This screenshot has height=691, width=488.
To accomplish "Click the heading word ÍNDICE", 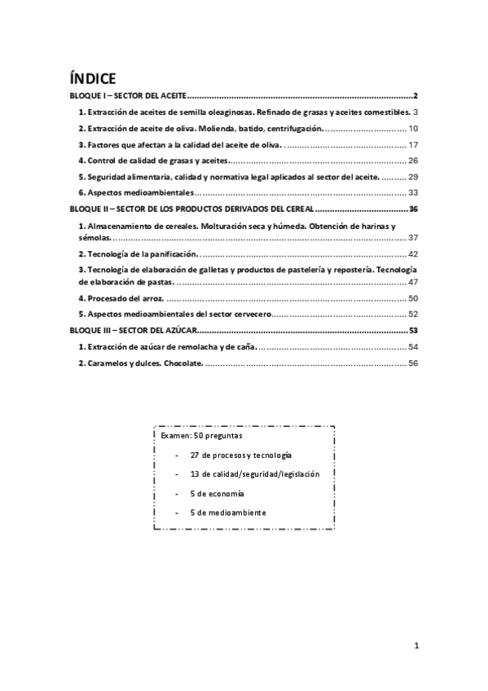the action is click(x=93, y=79).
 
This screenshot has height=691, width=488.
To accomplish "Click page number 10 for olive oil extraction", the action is click(x=412, y=129).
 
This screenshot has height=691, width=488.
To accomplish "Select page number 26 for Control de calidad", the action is click(x=412, y=161).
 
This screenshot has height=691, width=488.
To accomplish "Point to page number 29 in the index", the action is click(x=412, y=177).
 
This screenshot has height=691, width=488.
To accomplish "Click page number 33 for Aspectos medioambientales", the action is click(x=412, y=193).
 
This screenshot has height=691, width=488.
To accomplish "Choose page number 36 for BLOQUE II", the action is click(x=413, y=209).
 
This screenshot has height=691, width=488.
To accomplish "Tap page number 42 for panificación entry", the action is click(x=412, y=254).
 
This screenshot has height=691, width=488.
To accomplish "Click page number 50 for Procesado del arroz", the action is click(x=412, y=298).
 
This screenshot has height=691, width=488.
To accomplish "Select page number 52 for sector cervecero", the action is click(x=412, y=315).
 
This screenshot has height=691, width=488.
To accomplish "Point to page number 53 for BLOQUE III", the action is click(x=413, y=331).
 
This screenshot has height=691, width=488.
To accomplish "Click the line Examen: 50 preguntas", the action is click(x=196, y=436).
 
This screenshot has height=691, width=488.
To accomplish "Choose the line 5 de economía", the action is click(x=216, y=494).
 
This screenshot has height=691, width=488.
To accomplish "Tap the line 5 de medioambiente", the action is click(x=227, y=513).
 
